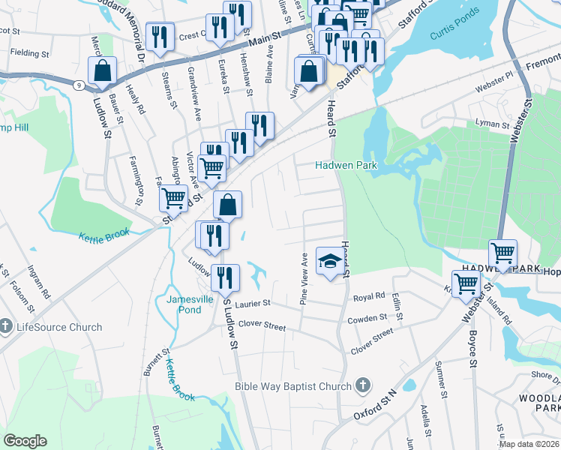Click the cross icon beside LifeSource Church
coord(7,326)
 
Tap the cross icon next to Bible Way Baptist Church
coord(363,385)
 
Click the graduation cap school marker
coord(328,261)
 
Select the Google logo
coord(25,441)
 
